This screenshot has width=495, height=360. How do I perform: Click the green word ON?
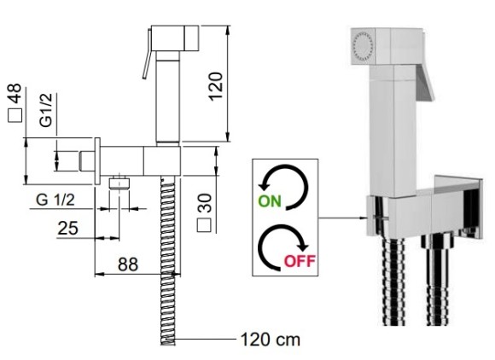click(x=270, y=201)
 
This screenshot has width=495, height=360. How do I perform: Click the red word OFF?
click(x=300, y=261)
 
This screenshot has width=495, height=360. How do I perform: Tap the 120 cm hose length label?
click(x=271, y=340)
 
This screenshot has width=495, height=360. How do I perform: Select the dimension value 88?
click(x=128, y=264)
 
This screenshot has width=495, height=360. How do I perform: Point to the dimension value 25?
click(x=68, y=228)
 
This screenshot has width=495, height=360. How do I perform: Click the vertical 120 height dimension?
click(x=216, y=86)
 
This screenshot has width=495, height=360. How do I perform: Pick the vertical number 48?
click(x=15, y=93)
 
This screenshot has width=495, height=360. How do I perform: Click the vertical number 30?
click(x=204, y=203)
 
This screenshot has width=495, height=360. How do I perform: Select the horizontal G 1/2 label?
click(x=55, y=200)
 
